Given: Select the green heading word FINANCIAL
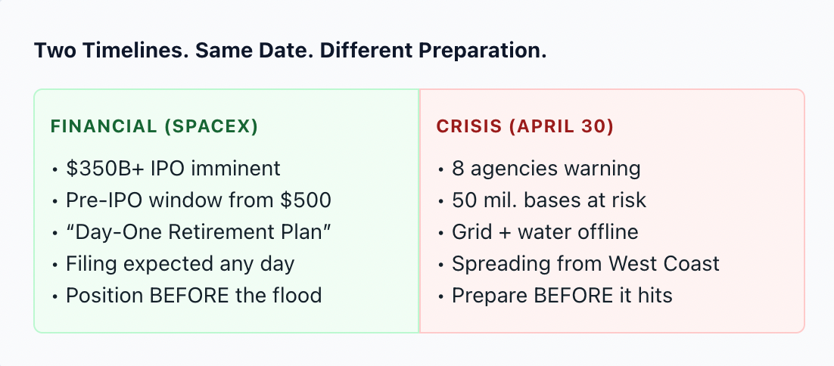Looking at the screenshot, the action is [x=104, y=126].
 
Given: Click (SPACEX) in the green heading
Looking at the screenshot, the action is [x=210, y=127].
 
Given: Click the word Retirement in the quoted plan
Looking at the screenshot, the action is [x=232, y=231].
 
